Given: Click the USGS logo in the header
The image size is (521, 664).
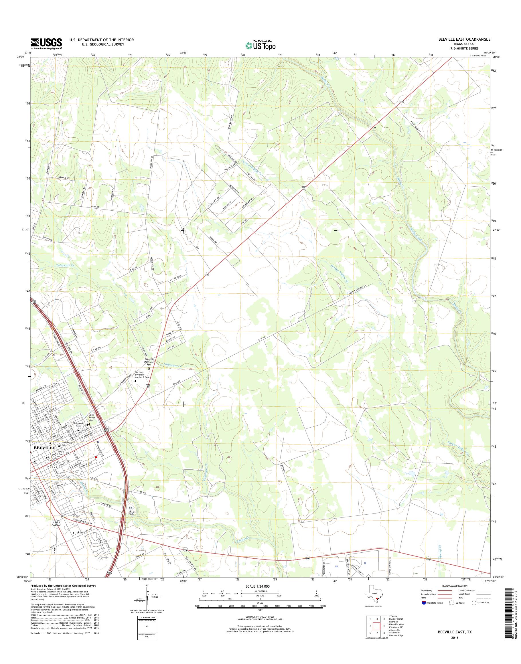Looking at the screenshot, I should click(x=46, y=44).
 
